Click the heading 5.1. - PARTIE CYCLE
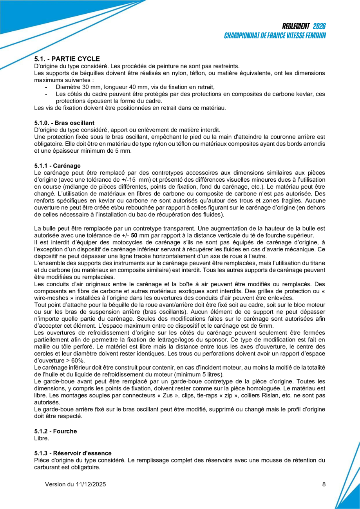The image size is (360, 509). (x=67, y=59)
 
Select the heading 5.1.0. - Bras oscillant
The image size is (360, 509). (x=64, y=123)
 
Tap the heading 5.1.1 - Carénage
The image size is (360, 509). (x=57, y=166)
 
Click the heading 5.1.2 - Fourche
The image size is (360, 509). (x=56, y=431)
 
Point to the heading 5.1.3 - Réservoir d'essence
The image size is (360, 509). (x=73, y=453)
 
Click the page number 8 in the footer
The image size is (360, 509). (x=324, y=484)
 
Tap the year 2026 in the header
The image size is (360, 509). (x=319, y=26)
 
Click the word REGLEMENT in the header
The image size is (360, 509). (x=296, y=26)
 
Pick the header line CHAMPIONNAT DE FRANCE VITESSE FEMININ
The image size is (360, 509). (x=275, y=36)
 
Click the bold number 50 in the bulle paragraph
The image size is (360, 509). (x=134, y=235)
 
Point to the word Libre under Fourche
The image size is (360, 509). (x=42, y=438)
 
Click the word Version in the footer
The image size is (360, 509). (x=55, y=484)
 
